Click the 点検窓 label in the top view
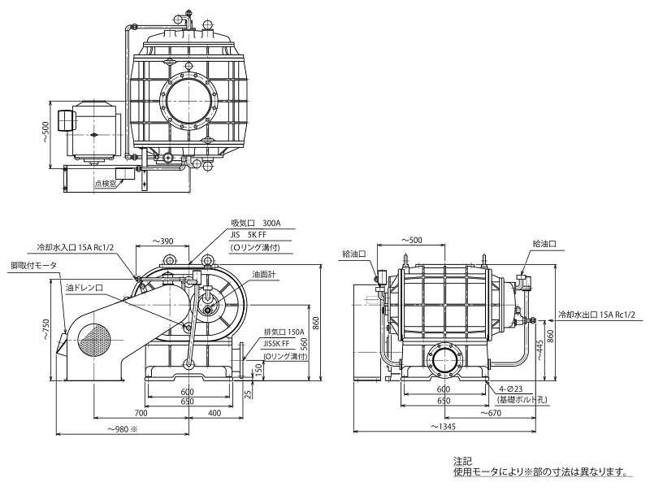pos(106,184)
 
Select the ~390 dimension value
pos(162,241)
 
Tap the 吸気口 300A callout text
pos(256,224)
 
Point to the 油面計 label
pos(264,275)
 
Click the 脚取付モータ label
pos(34,266)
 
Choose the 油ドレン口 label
pos(84,288)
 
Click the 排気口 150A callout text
pos(284,332)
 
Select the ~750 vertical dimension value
pos(45,330)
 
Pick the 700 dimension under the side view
pos(141,413)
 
